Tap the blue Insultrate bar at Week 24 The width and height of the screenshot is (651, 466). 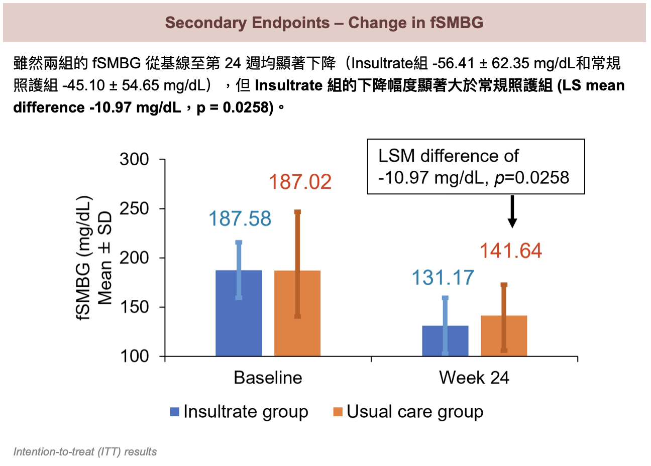(445, 341)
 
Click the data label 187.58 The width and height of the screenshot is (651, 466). (240, 219)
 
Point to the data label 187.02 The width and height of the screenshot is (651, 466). (300, 182)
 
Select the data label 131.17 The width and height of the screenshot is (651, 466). (443, 278)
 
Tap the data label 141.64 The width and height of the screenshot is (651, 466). (511, 251)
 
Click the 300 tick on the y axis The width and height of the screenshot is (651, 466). (134, 160)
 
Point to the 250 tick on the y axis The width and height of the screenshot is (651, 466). (134, 209)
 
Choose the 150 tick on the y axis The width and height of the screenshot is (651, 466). (134, 307)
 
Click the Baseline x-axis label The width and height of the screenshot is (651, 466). (268, 378)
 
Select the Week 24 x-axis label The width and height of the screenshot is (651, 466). (474, 378)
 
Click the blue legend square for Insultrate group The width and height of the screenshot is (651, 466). (175, 412)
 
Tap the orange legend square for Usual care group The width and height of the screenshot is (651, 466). (338, 412)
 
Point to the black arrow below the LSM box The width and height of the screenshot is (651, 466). (512, 211)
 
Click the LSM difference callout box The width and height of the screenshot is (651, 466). (476, 167)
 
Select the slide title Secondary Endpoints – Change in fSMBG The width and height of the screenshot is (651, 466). (324, 23)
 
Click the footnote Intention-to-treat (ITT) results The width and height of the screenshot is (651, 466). (85, 452)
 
